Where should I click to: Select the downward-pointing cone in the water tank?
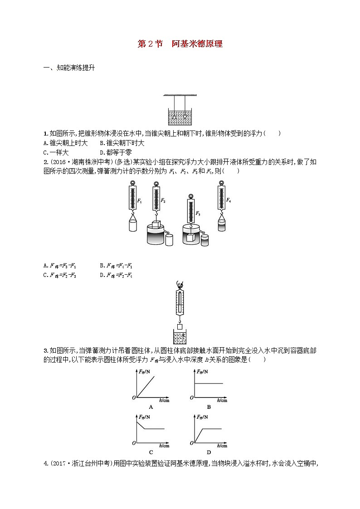(x=185, y=117)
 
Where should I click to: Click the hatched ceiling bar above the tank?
(x=180, y=95)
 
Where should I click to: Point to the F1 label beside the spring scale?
(x=140, y=201)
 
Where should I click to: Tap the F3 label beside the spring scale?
(x=198, y=213)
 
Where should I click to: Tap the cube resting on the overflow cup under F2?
(x=156, y=225)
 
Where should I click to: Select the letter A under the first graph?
(x=151, y=407)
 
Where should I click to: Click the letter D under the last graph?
(x=209, y=451)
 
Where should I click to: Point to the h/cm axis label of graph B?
(x=222, y=400)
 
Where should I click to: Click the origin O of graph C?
(x=134, y=443)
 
